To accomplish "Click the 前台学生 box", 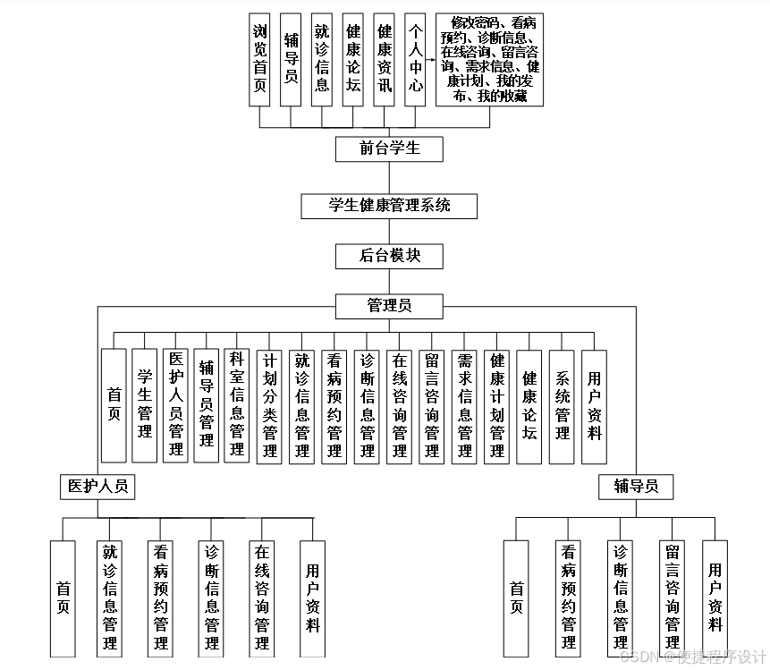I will point(389,148).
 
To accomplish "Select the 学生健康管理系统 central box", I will point(389,206).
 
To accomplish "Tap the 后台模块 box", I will point(389,256).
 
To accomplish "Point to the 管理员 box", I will point(389,306).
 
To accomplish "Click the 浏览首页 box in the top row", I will point(260,60).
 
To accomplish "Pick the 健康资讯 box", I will point(384,60).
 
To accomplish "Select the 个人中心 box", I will point(415,60).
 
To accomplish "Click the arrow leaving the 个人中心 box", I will point(431,61).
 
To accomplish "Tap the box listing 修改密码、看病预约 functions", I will point(489,59).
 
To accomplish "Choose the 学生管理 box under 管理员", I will point(145,405).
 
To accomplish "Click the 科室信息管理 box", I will point(237,405).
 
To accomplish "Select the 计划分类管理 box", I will point(269,405).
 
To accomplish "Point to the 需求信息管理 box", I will point(464,405).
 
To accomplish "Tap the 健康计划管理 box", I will point(497,405).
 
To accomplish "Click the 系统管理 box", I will point(562,405).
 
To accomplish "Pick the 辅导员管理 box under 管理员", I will point(206,405).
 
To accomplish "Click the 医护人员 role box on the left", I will point(97,487).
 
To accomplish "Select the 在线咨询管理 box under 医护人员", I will point(261,598).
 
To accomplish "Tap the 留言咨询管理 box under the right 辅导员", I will point(673,598).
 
